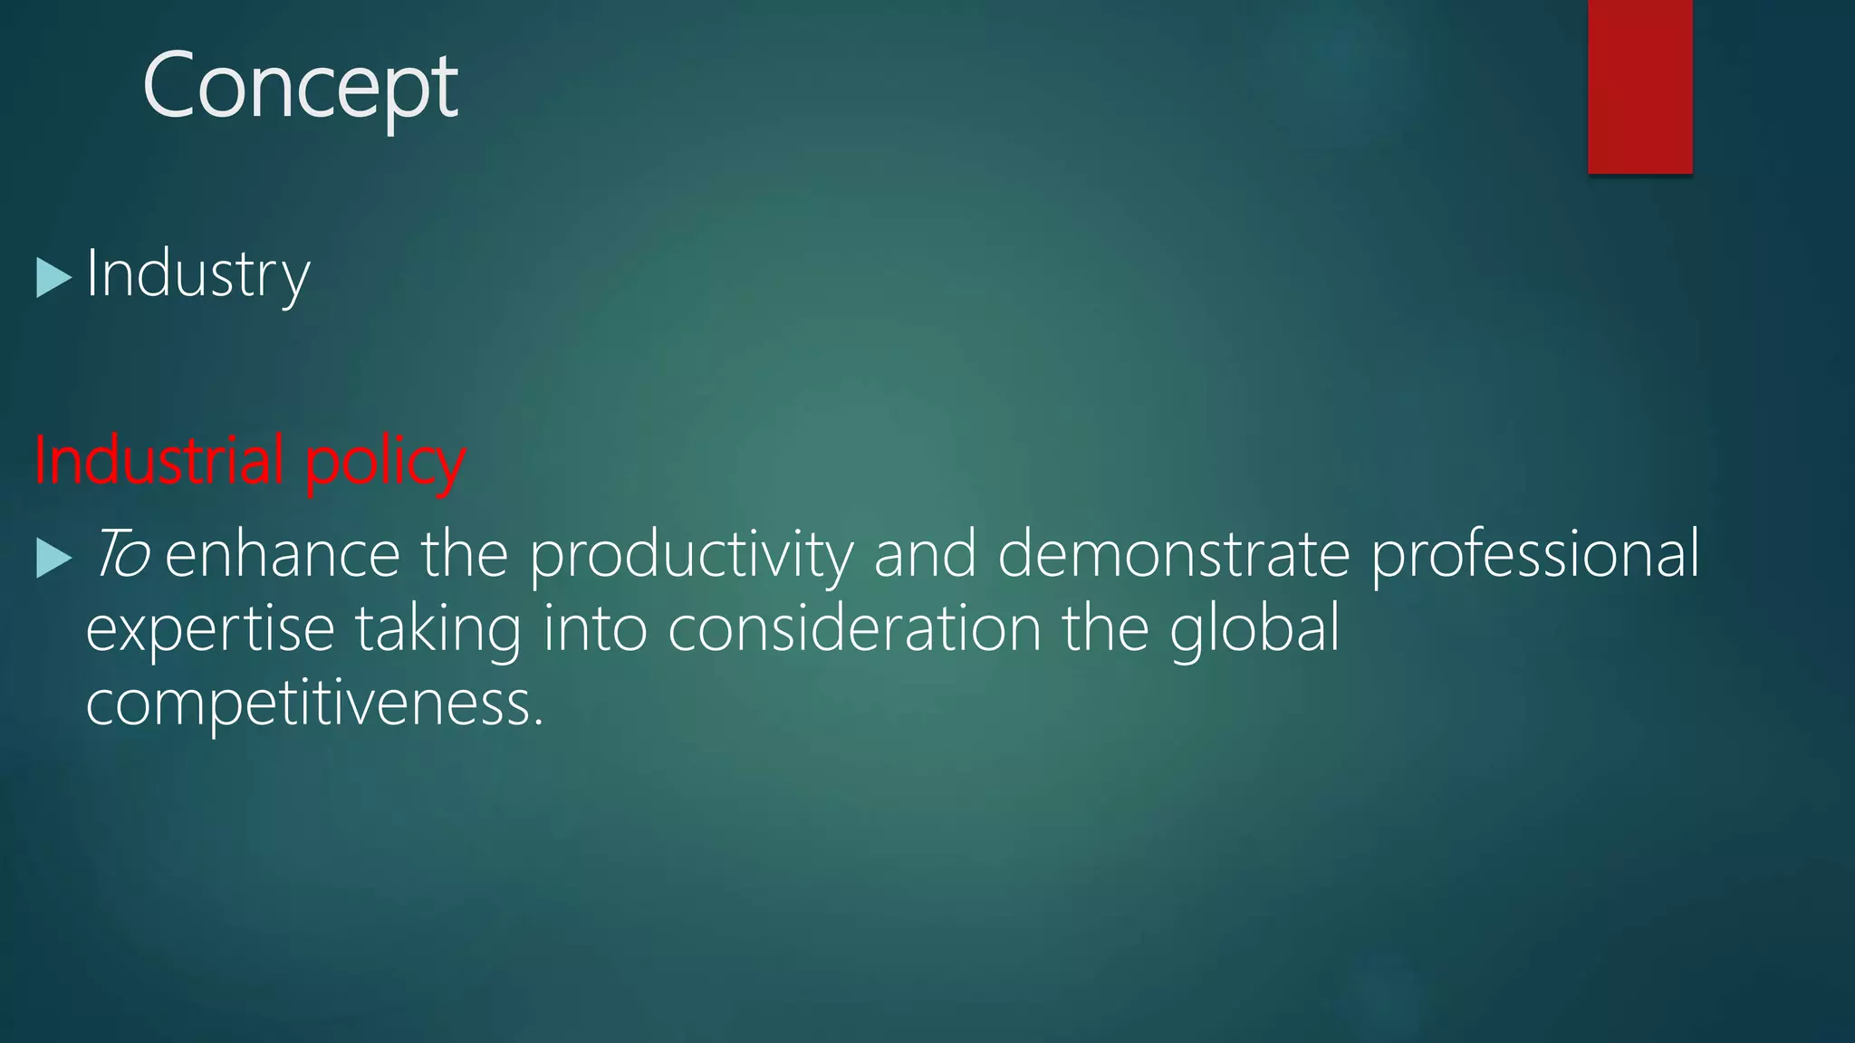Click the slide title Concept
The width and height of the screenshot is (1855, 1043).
[300, 87]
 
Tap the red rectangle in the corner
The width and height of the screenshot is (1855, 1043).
[1639, 86]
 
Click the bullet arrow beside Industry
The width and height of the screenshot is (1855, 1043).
[53, 278]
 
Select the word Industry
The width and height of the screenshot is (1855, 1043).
[197, 274]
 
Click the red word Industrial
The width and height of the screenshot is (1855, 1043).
[160, 461]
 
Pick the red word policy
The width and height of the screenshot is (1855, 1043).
[385, 463]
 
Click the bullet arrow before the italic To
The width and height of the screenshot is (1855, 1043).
[53, 558]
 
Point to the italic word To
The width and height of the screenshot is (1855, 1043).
[120, 554]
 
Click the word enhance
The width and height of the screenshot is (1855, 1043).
[283, 554]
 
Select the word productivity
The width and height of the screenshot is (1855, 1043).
[691, 556]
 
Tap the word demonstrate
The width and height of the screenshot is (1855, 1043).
[1174, 554]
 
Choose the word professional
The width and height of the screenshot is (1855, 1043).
[1535, 556]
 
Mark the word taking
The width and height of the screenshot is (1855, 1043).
[438, 630]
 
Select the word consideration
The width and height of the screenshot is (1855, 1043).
[854, 628]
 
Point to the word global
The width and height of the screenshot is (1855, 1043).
[1254, 630]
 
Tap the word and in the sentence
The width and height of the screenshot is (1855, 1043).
[925, 554]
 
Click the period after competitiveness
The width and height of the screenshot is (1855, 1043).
[539, 722]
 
